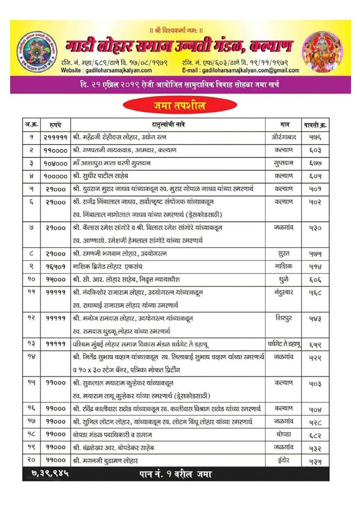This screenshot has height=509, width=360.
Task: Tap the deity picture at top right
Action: tap(322, 52)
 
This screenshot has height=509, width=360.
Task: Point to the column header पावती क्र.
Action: tap(315, 125)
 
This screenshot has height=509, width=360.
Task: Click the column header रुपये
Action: tap(55, 125)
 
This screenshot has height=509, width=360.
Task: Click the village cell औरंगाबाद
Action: tap(283, 137)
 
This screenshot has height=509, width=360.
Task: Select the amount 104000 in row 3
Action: tap(56, 163)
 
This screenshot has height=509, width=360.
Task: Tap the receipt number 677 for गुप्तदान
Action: tap(315, 163)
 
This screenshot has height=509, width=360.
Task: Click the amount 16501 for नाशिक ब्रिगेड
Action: tap(56, 267)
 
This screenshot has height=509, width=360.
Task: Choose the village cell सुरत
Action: tap(284, 253)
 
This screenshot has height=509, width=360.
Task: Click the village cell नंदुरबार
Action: tap(284, 292)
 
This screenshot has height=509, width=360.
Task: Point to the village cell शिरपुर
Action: tap(284, 318)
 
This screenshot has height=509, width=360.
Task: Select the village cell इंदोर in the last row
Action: tap(284, 460)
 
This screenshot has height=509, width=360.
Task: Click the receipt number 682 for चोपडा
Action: tap(315, 436)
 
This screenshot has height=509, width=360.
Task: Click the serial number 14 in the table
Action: tap(31, 357)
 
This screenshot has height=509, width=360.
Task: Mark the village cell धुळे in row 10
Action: tap(284, 279)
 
